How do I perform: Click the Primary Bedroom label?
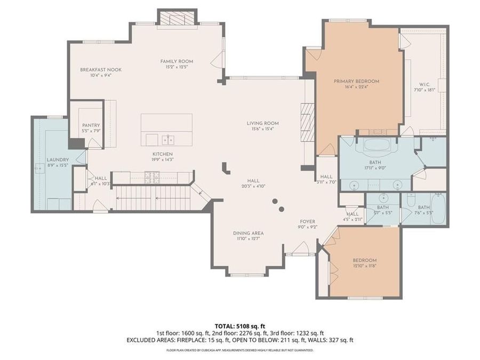(356, 81)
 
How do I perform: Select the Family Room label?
(177, 61)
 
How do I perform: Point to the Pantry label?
(91, 125)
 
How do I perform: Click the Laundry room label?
(58, 159)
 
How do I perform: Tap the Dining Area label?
(248, 233)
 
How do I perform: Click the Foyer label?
(307, 221)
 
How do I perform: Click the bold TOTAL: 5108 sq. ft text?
(239, 325)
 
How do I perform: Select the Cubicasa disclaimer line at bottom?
(239, 350)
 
